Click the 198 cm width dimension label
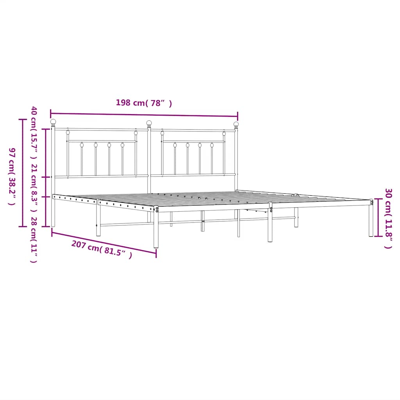click(x=143, y=103)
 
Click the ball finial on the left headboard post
click(x=53, y=122)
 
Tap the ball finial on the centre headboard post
click(x=149, y=123)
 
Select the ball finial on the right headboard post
click(x=236, y=124)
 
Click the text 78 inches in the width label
click(x=159, y=103)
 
